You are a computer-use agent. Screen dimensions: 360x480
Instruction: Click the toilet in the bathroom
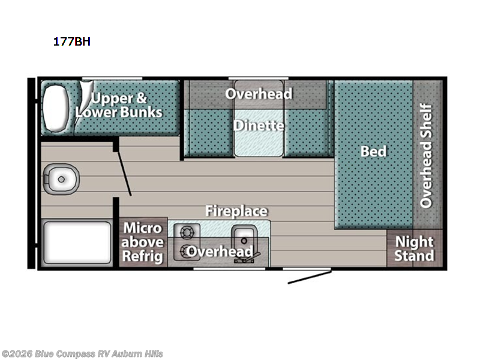point(62,178)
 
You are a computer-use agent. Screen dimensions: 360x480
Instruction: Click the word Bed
point(373,151)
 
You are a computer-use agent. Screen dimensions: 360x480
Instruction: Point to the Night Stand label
point(414,249)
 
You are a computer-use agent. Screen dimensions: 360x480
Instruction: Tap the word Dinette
point(259,126)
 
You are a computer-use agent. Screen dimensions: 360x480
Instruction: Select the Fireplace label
point(236,211)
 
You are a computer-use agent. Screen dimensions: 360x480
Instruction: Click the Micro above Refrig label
point(143,242)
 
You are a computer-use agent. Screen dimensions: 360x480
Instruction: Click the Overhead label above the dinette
point(259,94)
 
